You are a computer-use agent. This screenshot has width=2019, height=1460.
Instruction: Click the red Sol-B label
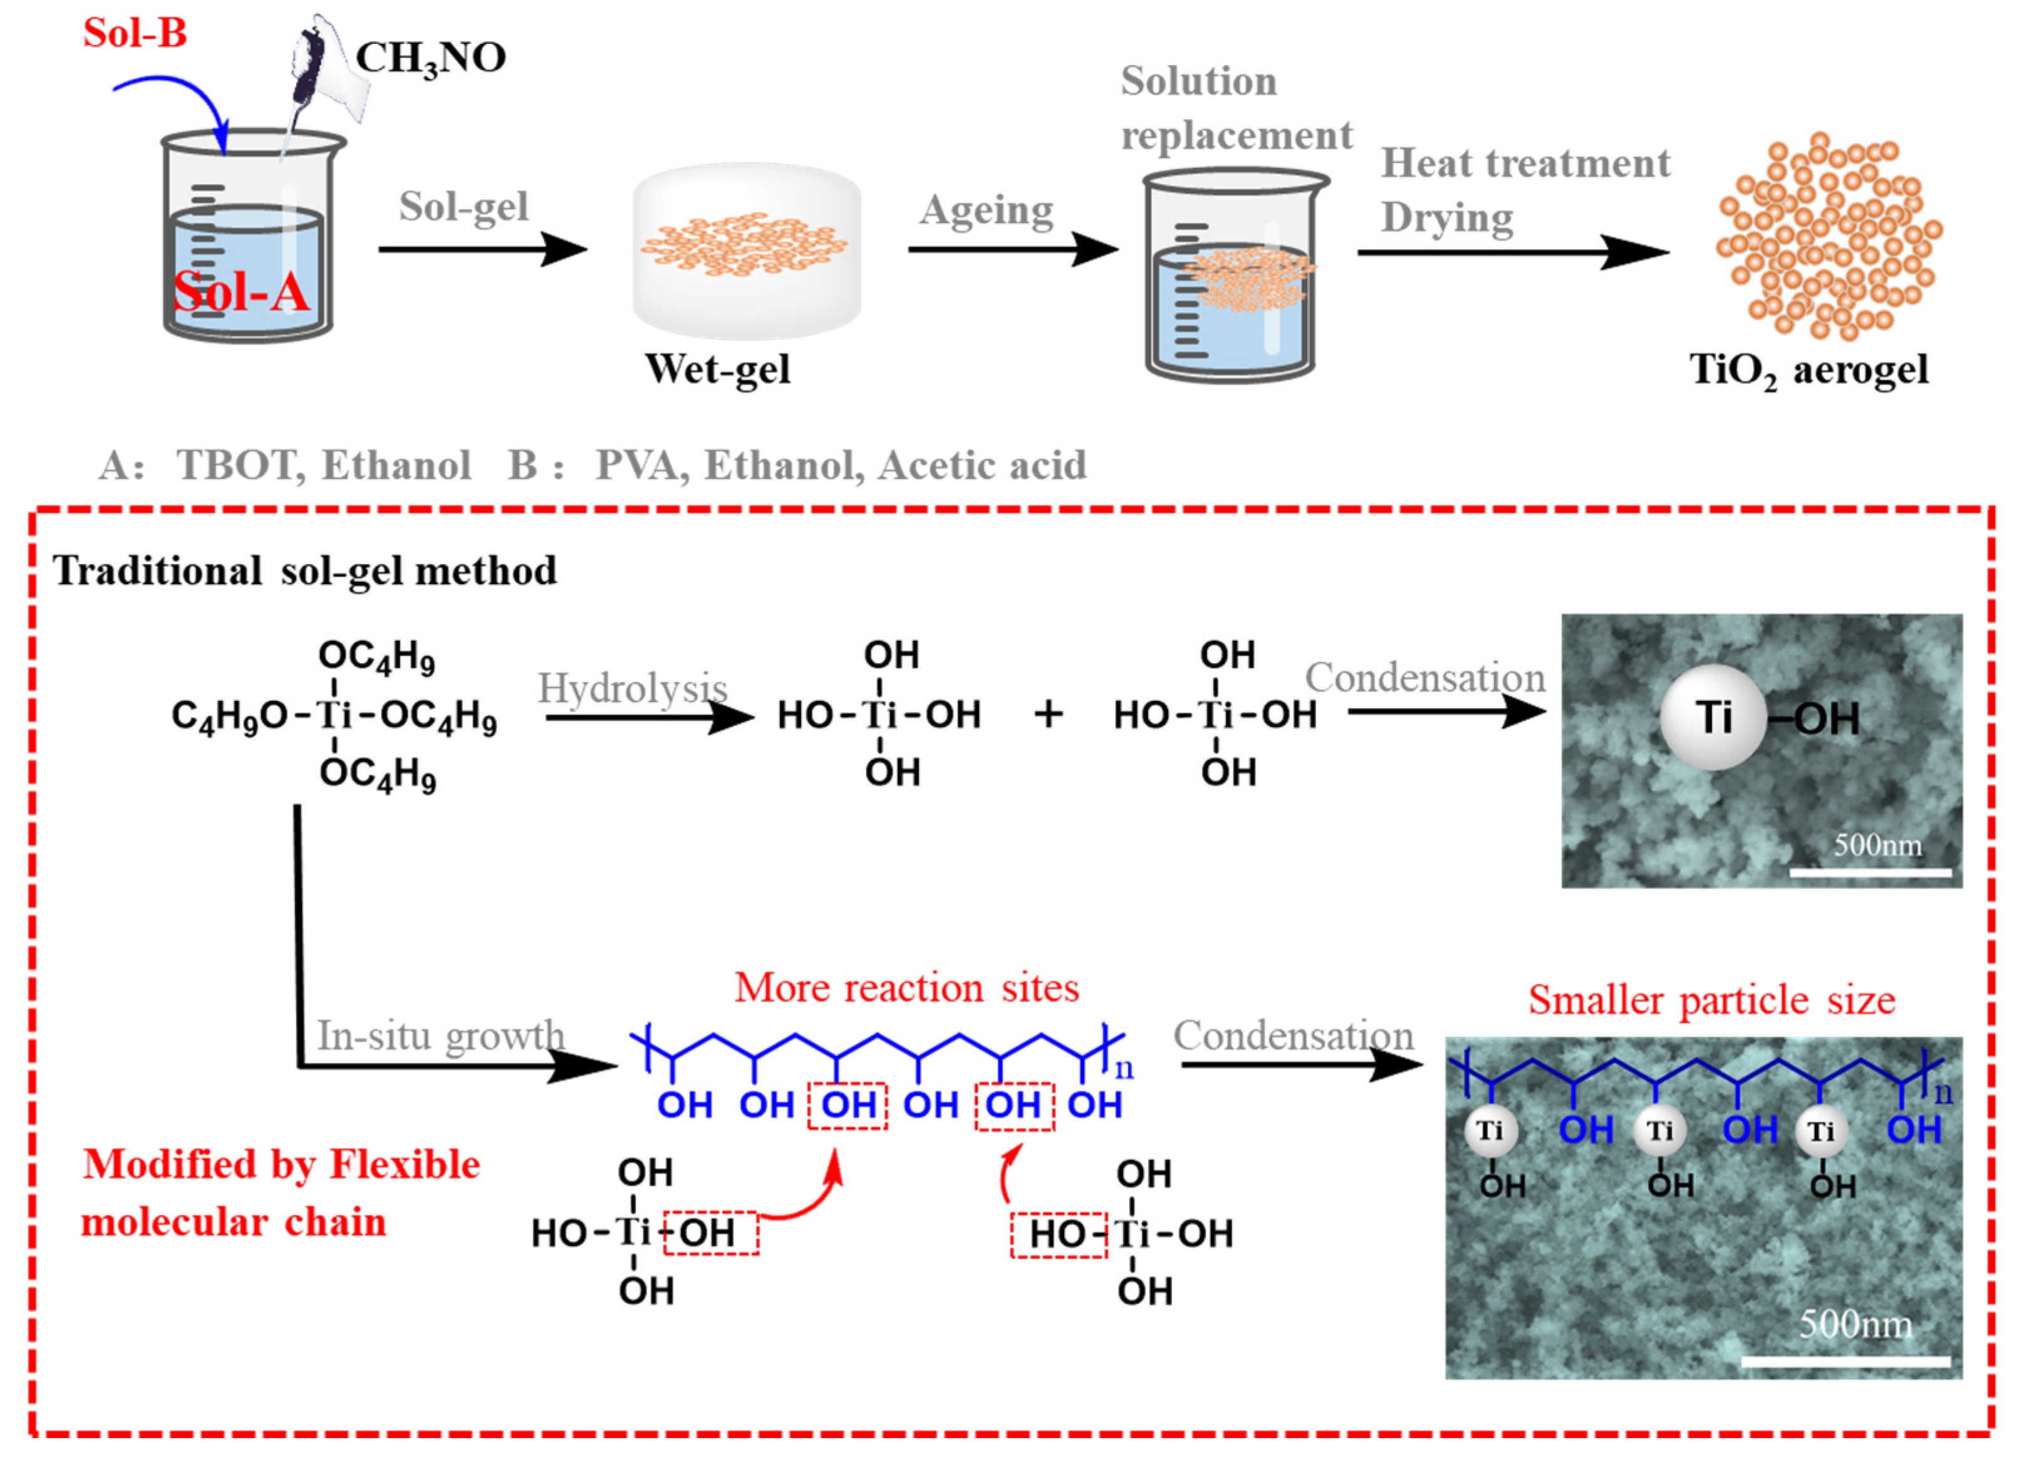click(135, 33)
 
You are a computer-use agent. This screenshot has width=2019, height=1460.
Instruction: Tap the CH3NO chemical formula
click(431, 58)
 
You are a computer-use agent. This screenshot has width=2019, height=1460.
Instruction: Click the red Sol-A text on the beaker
click(241, 291)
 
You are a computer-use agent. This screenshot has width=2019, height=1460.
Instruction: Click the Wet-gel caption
click(717, 368)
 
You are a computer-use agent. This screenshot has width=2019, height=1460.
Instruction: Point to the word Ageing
click(987, 211)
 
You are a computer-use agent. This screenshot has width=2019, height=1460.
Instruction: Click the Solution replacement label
click(1235, 108)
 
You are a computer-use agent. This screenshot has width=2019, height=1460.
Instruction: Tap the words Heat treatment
click(1525, 163)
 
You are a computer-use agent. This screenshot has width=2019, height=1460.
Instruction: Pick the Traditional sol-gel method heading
click(305, 571)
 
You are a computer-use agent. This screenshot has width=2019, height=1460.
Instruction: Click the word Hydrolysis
click(632, 688)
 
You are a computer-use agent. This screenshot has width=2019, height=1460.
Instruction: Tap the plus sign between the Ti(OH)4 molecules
click(1048, 714)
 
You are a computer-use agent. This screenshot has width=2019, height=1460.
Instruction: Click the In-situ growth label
click(440, 1035)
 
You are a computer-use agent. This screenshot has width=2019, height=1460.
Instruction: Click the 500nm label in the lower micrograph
click(1856, 1324)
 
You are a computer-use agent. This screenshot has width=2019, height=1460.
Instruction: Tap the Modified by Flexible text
click(281, 1164)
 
